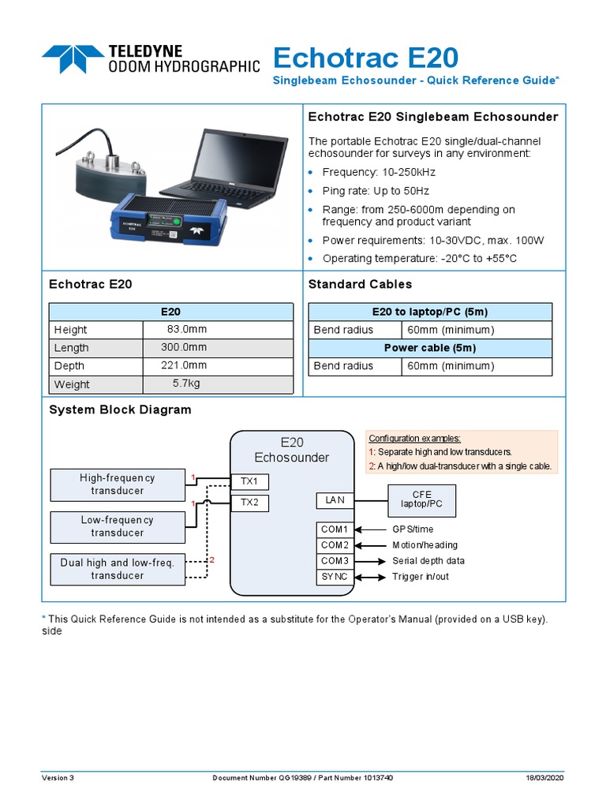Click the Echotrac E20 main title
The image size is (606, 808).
[365, 58]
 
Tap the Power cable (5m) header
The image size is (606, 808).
[429, 347]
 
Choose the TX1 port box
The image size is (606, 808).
[249, 481]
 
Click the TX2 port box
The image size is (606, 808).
[249, 502]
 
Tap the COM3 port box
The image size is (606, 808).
[335, 561]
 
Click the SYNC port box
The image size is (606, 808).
[335, 577]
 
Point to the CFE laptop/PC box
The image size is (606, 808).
[421, 499]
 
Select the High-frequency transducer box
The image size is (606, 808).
[118, 484]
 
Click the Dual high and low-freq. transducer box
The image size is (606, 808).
[118, 569]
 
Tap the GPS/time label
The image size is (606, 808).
[413, 529]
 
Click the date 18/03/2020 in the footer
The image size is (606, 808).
[545, 777]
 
